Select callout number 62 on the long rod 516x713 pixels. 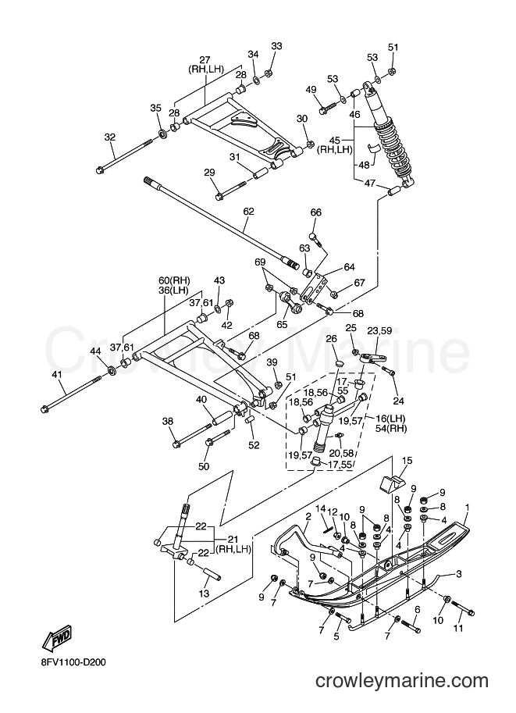[249, 212]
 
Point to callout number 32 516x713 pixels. [110, 137]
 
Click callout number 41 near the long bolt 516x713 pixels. [57, 375]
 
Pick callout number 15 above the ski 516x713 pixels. [407, 461]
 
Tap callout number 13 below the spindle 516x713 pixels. [204, 594]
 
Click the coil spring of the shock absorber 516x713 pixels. [393, 148]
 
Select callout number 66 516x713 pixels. [316, 212]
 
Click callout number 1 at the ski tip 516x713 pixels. [467, 506]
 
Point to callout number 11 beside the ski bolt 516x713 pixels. [458, 628]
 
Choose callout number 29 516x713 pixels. [209, 173]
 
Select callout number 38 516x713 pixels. [168, 422]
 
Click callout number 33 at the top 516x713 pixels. [276, 46]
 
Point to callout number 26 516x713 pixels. [331, 339]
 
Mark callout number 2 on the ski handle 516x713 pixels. [308, 516]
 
